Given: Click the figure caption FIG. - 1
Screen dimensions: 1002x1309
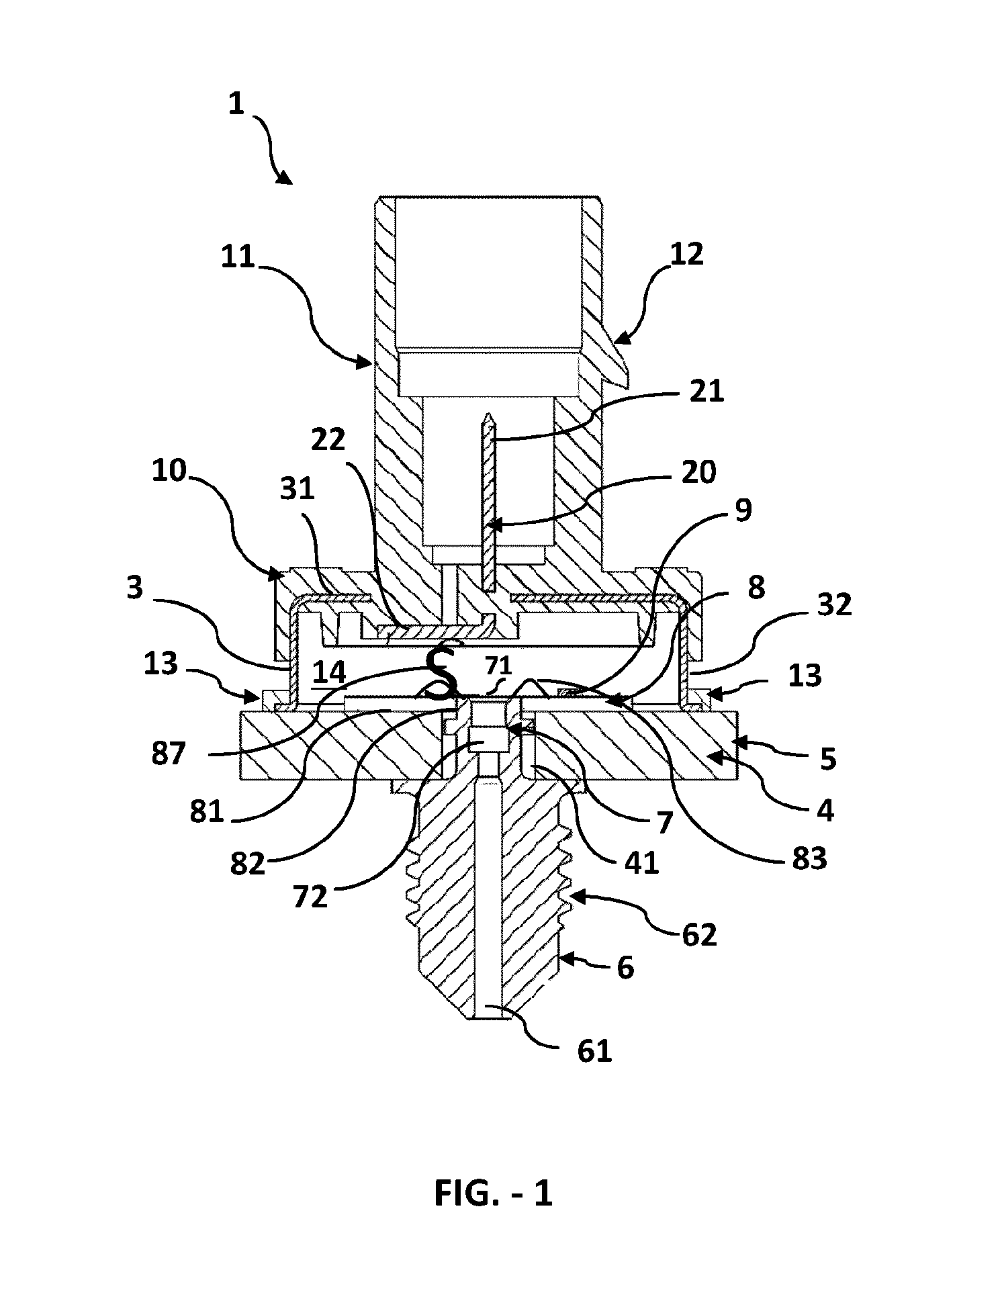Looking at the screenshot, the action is coord(493,1193).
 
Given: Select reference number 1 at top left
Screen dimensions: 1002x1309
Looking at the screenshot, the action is coord(236,105).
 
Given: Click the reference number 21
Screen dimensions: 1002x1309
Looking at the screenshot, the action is coord(706,391).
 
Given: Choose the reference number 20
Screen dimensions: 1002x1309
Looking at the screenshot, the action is coord(698,473).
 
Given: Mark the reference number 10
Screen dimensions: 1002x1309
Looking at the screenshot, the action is coord(169,471).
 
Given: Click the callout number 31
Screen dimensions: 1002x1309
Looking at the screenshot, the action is coord(297,490).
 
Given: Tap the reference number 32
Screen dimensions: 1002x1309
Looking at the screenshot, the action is coord(833,604).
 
